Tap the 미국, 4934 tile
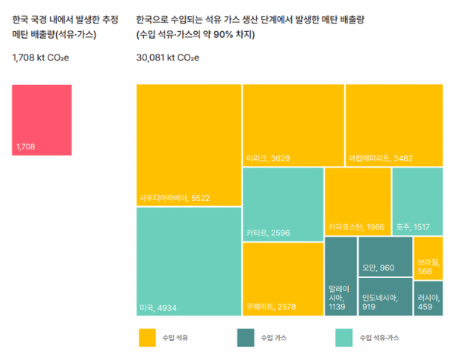pos(189,261)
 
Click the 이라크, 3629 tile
pos(293,125)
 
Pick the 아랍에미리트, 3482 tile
pos(394,125)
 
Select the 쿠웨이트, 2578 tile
pos(282,279)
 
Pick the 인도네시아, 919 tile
pos(385,298)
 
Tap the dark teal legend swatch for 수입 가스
pos(246,336)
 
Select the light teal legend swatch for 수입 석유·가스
pos(344,336)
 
